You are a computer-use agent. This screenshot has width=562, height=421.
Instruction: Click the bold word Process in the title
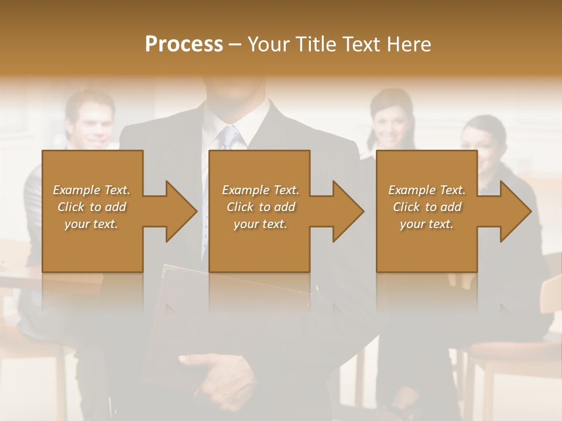[184, 44]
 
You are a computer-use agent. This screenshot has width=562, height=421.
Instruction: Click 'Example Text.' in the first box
[92, 190]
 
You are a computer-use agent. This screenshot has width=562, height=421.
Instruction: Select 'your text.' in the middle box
[261, 224]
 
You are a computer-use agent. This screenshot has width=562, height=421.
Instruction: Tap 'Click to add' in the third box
[427, 207]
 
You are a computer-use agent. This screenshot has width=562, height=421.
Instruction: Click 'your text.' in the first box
[92, 224]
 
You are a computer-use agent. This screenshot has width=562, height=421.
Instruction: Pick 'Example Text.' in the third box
[427, 190]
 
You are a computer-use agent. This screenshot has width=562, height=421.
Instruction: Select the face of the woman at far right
[482, 146]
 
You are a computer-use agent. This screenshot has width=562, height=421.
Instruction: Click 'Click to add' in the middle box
[261, 207]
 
